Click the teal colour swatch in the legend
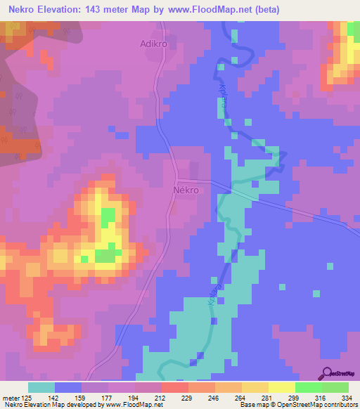[x=41, y=387]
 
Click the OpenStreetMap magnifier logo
[x=326, y=375]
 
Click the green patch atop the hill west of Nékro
[x=107, y=219]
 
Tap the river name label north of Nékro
[x=224, y=95]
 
